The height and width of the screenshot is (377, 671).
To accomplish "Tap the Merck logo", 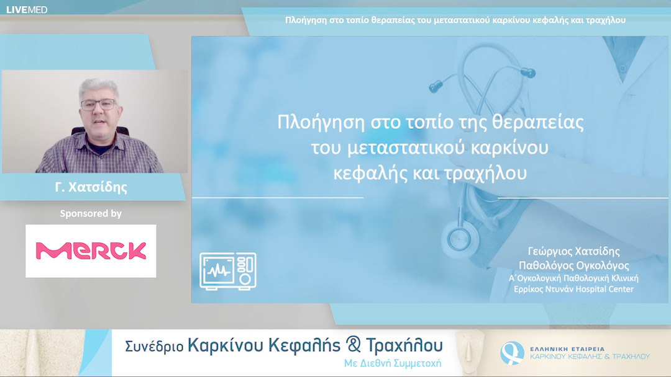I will pos(91,251).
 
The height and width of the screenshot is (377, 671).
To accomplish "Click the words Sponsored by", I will pos(91,213).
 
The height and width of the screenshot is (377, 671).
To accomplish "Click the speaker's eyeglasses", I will pos(98,104).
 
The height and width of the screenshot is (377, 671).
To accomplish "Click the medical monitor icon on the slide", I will pos(228,270).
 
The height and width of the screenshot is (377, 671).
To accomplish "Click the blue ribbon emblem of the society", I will pos(512,353).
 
